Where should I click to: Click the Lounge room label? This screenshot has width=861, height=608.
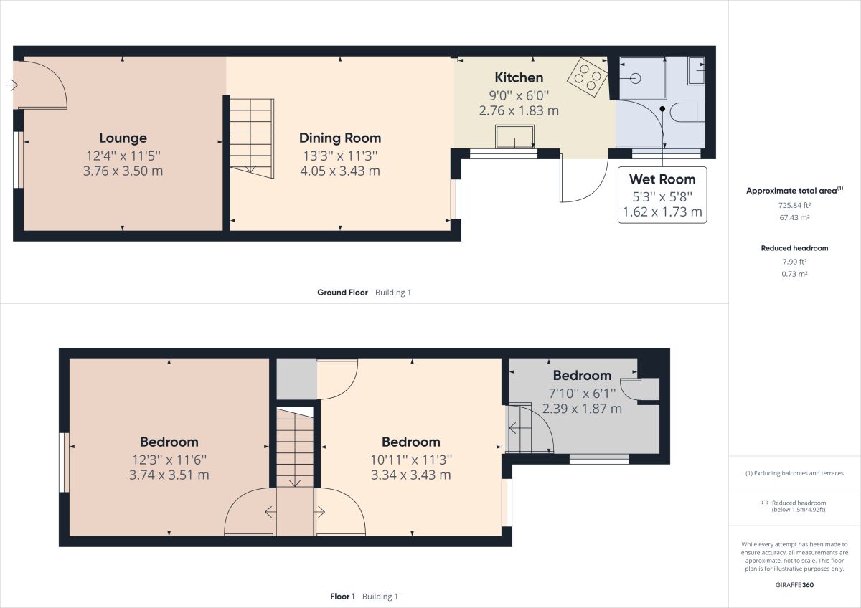point(123,138)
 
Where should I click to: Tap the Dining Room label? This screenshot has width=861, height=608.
point(340,138)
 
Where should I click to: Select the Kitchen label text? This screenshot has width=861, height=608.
point(519,77)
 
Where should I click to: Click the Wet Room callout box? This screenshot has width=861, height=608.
point(662,195)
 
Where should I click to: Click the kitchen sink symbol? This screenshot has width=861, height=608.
point(515,137)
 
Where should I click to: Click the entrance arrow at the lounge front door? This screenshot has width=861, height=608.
point(11,85)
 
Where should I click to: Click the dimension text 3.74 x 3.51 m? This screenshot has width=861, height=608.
point(169,475)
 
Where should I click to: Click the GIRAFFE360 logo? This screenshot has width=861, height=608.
point(794,585)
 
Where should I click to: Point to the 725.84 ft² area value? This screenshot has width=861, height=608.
point(794,205)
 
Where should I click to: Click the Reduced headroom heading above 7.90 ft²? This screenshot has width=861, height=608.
point(794,248)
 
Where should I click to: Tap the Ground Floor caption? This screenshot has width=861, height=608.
point(343,293)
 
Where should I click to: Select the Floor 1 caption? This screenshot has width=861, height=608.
point(342,597)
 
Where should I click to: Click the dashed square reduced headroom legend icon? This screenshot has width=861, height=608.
point(765,503)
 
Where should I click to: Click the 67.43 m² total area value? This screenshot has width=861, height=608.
point(794,217)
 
